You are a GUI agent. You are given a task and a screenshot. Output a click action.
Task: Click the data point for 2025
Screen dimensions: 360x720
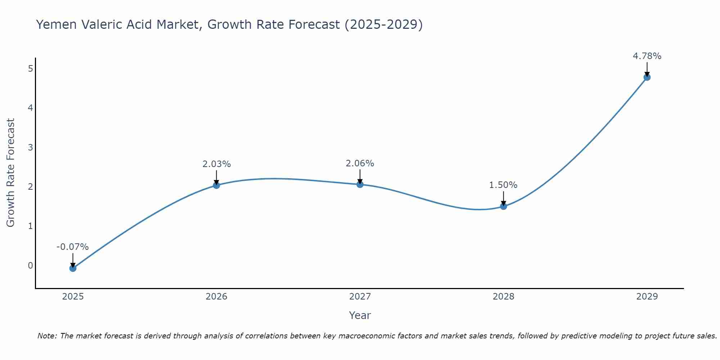(x=73, y=268)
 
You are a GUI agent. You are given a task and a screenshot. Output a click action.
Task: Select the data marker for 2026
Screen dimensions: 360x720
(x=216, y=185)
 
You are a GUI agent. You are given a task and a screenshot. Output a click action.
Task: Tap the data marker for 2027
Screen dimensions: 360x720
(x=360, y=184)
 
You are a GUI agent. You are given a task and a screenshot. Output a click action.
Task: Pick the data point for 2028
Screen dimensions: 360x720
(x=503, y=206)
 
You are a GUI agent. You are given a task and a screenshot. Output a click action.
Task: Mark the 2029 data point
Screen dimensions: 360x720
(x=647, y=77)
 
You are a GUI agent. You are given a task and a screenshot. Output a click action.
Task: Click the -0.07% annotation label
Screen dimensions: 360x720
(x=72, y=247)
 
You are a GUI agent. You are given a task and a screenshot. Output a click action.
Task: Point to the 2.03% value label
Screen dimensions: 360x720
(x=216, y=164)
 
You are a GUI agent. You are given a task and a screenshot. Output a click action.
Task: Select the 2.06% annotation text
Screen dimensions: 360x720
(x=360, y=163)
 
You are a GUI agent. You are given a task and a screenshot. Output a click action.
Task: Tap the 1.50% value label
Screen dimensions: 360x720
(x=503, y=185)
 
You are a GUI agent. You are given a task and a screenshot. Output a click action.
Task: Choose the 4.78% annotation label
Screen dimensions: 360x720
(x=647, y=56)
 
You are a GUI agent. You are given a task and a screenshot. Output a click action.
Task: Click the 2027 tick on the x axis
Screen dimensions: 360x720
(x=360, y=297)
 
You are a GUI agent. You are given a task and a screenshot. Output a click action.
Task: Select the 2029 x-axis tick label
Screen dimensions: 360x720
(x=647, y=297)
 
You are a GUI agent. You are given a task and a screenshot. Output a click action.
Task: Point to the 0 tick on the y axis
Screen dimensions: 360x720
(x=30, y=266)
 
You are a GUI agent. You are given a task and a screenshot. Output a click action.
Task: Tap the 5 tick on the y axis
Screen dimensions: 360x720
(x=30, y=69)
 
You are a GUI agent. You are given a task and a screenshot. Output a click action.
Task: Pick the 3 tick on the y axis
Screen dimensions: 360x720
(x=30, y=147)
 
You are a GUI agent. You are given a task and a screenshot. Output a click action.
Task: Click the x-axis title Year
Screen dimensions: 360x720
(x=360, y=315)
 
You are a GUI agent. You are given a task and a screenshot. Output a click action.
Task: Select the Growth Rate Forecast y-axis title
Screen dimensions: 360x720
(x=11, y=173)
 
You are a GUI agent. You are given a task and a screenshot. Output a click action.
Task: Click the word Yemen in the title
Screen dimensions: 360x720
(x=56, y=24)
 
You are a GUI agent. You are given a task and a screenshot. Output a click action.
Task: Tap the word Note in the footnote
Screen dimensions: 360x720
(x=47, y=336)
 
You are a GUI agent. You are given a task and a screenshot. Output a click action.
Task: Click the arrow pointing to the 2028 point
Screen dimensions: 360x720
(x=503, y=198)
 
